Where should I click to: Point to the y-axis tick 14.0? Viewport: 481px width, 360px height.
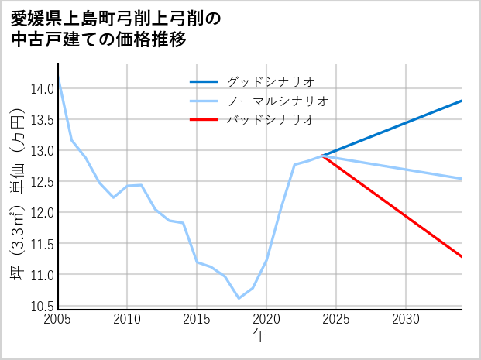[x=42, y=88]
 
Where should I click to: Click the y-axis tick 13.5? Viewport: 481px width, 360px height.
[x=42, y=119]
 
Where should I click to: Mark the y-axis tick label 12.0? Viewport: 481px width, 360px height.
[x=42, y=213]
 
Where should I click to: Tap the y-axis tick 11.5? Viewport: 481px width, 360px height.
[x=42, y=244]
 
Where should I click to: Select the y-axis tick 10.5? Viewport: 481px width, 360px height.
[x=42, y=306]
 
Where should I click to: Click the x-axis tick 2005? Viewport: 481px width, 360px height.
[x=58, y=319]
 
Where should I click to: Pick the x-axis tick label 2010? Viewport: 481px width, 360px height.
[x=127, y=319]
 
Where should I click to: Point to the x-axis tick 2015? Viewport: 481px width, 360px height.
[x=197, y=319]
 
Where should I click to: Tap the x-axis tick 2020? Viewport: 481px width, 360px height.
[x=266, y=319]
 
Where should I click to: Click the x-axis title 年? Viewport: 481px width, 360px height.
[x=259, y=335]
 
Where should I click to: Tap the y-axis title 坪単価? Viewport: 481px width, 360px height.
[x=16, y=198]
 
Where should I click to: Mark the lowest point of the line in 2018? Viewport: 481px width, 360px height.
[x=239, y=298]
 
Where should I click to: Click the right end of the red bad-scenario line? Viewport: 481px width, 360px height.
[x=462, y=256]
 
